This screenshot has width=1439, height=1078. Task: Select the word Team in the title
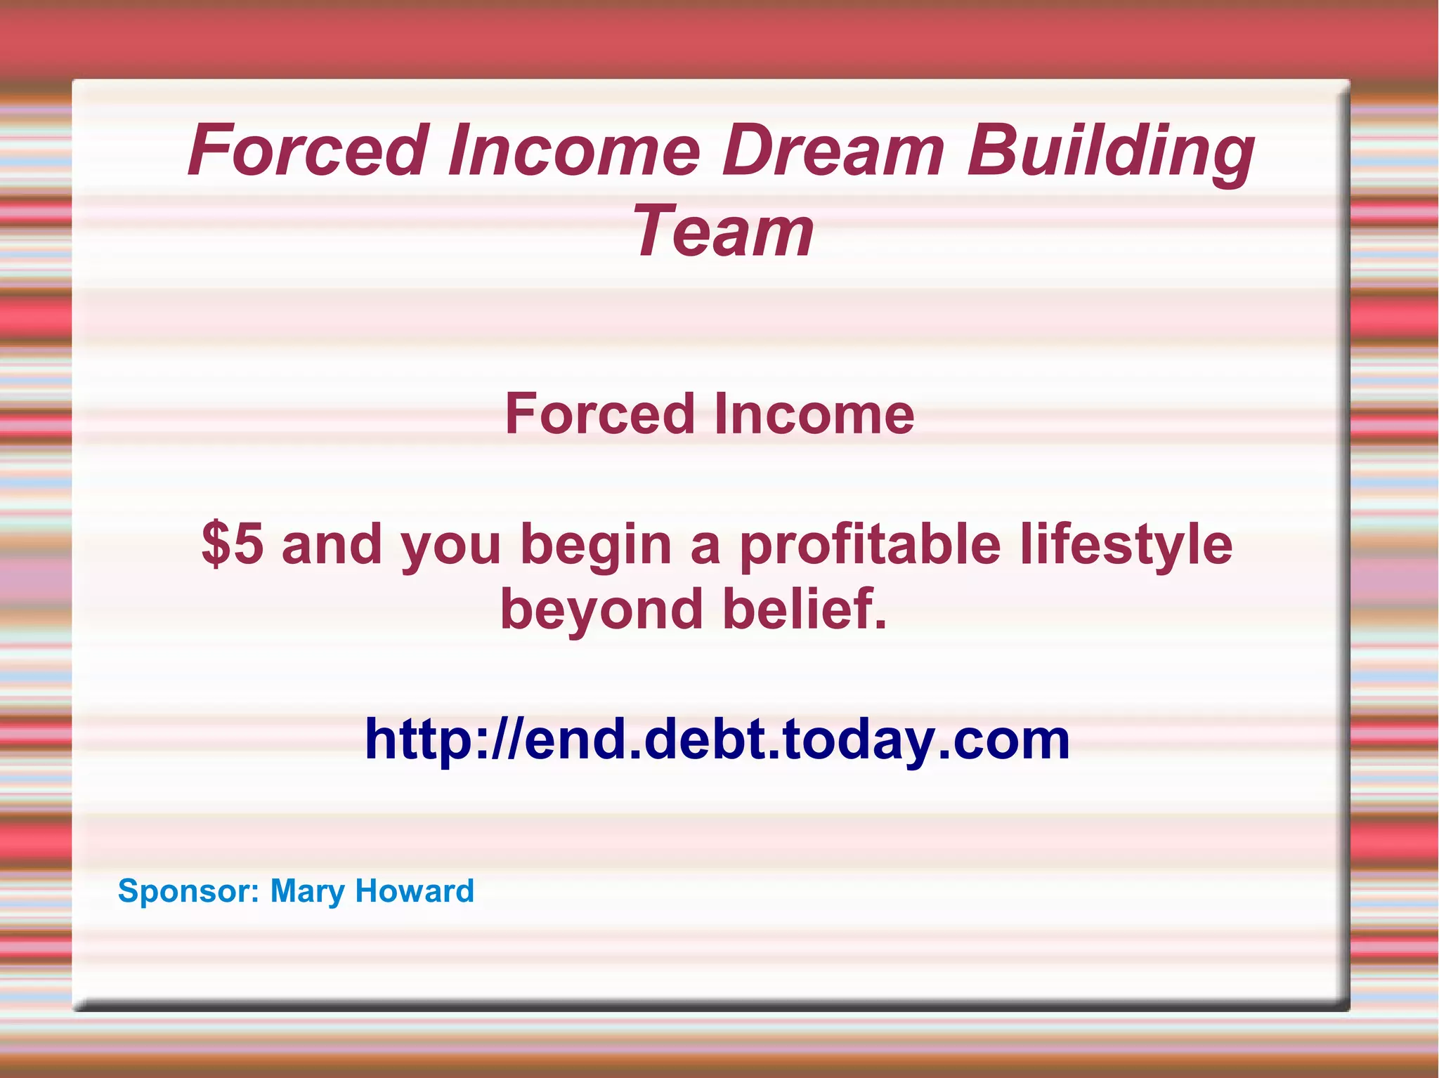pos(723,231)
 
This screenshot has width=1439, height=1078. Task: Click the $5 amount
pos(233,544)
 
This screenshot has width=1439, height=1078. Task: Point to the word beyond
pos(601,610)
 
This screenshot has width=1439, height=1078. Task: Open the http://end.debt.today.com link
pos(717,740)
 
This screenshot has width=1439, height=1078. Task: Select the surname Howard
pos(415,890)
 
